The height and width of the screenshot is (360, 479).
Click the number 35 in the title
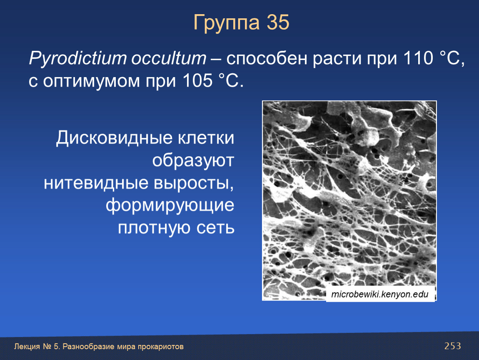coord(278,22)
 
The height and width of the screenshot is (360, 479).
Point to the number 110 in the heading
coord(418,58)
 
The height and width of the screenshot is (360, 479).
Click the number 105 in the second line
coord(197,81)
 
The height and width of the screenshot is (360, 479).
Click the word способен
coord(267,58)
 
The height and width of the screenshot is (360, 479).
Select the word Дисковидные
coord(114,138)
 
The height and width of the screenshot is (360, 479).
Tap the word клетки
coord(206,137)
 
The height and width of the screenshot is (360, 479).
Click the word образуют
coord(193,160)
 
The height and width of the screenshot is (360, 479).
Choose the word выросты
coord(194,184)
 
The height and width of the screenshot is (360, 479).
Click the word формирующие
coord(170,206)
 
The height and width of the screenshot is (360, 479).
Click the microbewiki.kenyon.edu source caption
coord(380,294)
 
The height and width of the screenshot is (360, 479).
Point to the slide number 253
coord(453,346)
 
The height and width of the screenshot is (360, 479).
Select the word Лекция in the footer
coord(27,347)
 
